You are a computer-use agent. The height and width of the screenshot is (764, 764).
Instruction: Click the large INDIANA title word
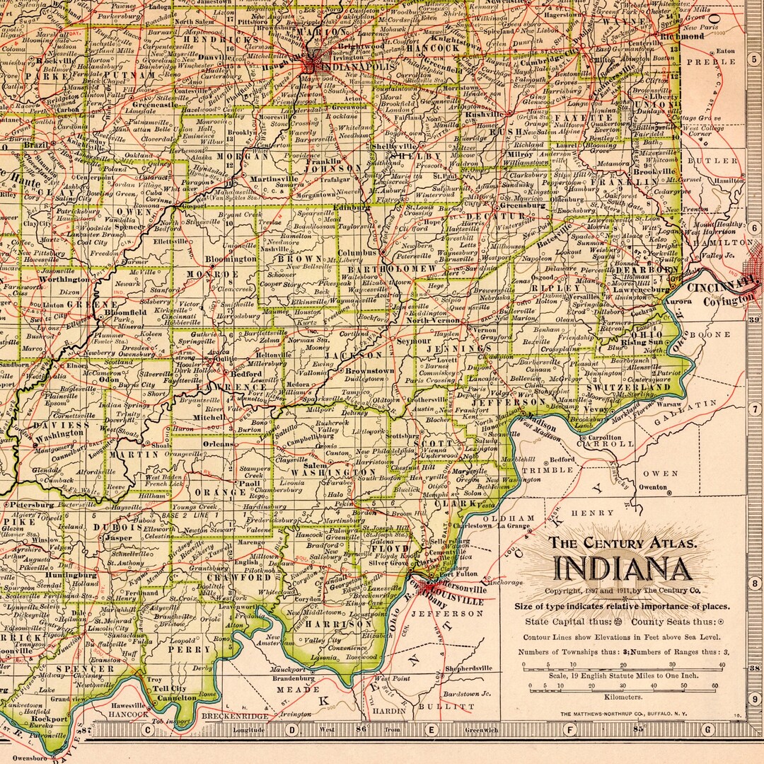pos(623,569)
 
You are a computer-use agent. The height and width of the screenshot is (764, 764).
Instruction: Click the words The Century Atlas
pos(623,544)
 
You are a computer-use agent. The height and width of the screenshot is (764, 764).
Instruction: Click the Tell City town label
pos(170,688)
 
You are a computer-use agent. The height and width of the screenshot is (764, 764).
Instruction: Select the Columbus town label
pos(357,252)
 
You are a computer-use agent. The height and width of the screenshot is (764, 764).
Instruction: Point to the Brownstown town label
pos(369,370)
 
